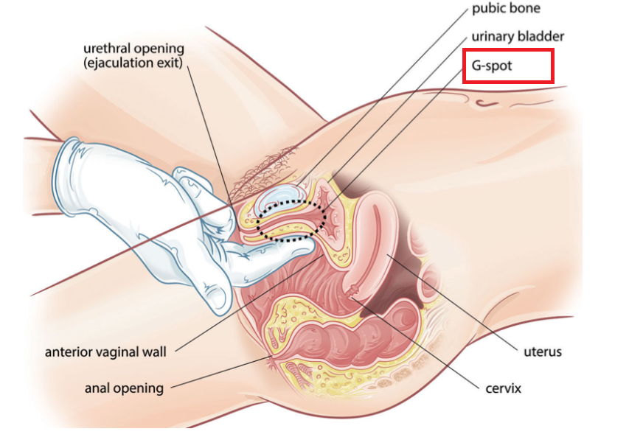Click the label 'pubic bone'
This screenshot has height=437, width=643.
(505, 10)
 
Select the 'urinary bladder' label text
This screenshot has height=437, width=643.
(518, 36)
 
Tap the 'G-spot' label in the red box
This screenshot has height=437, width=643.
(491, 66)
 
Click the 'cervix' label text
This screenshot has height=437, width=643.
(503, 388)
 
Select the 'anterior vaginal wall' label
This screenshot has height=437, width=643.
(105, 352)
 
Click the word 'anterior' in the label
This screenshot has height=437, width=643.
(69, 352)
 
